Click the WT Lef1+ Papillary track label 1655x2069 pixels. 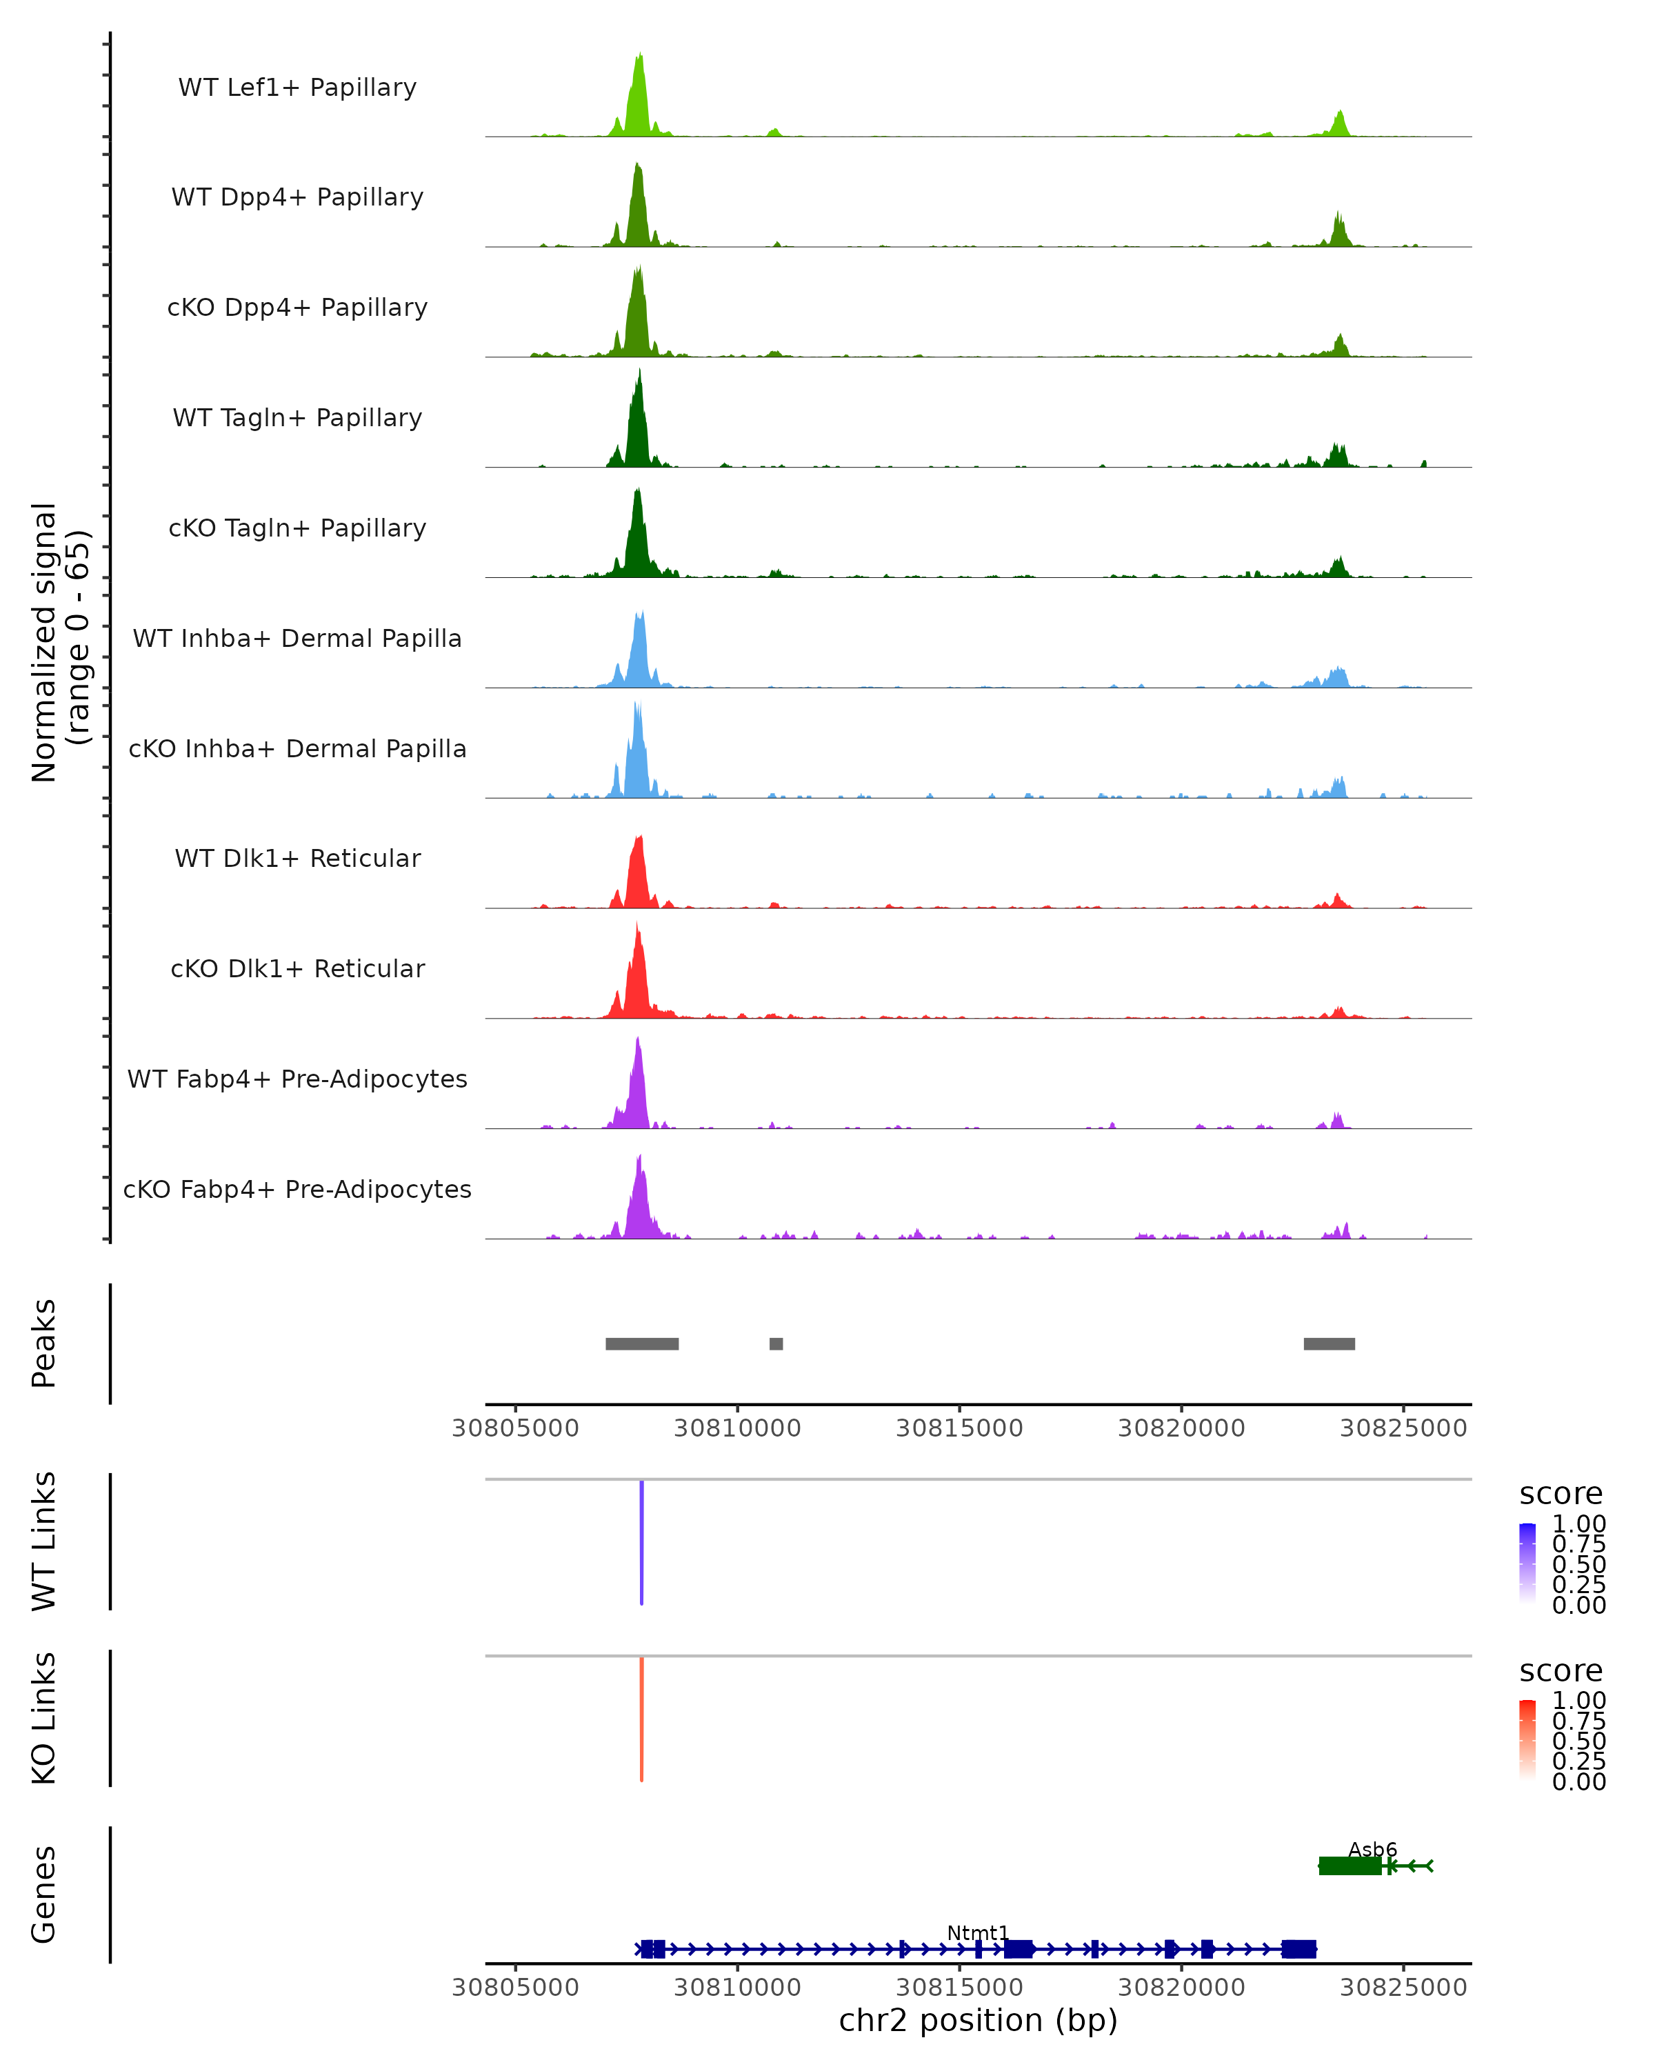pos(297,88)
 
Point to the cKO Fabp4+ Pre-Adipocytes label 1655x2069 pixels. pos(297,1189)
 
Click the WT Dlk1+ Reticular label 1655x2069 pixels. pos(297,858)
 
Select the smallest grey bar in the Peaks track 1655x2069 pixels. pos(776,1343)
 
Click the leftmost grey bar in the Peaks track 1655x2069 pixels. pos(642,1343)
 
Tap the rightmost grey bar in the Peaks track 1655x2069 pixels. pos(1329,1343)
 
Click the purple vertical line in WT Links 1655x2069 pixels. pos(642,1542)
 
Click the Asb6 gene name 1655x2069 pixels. pos(1372,1849)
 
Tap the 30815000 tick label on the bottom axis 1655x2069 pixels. pos(959,1986)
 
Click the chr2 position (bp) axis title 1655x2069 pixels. pos(978,2020)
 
